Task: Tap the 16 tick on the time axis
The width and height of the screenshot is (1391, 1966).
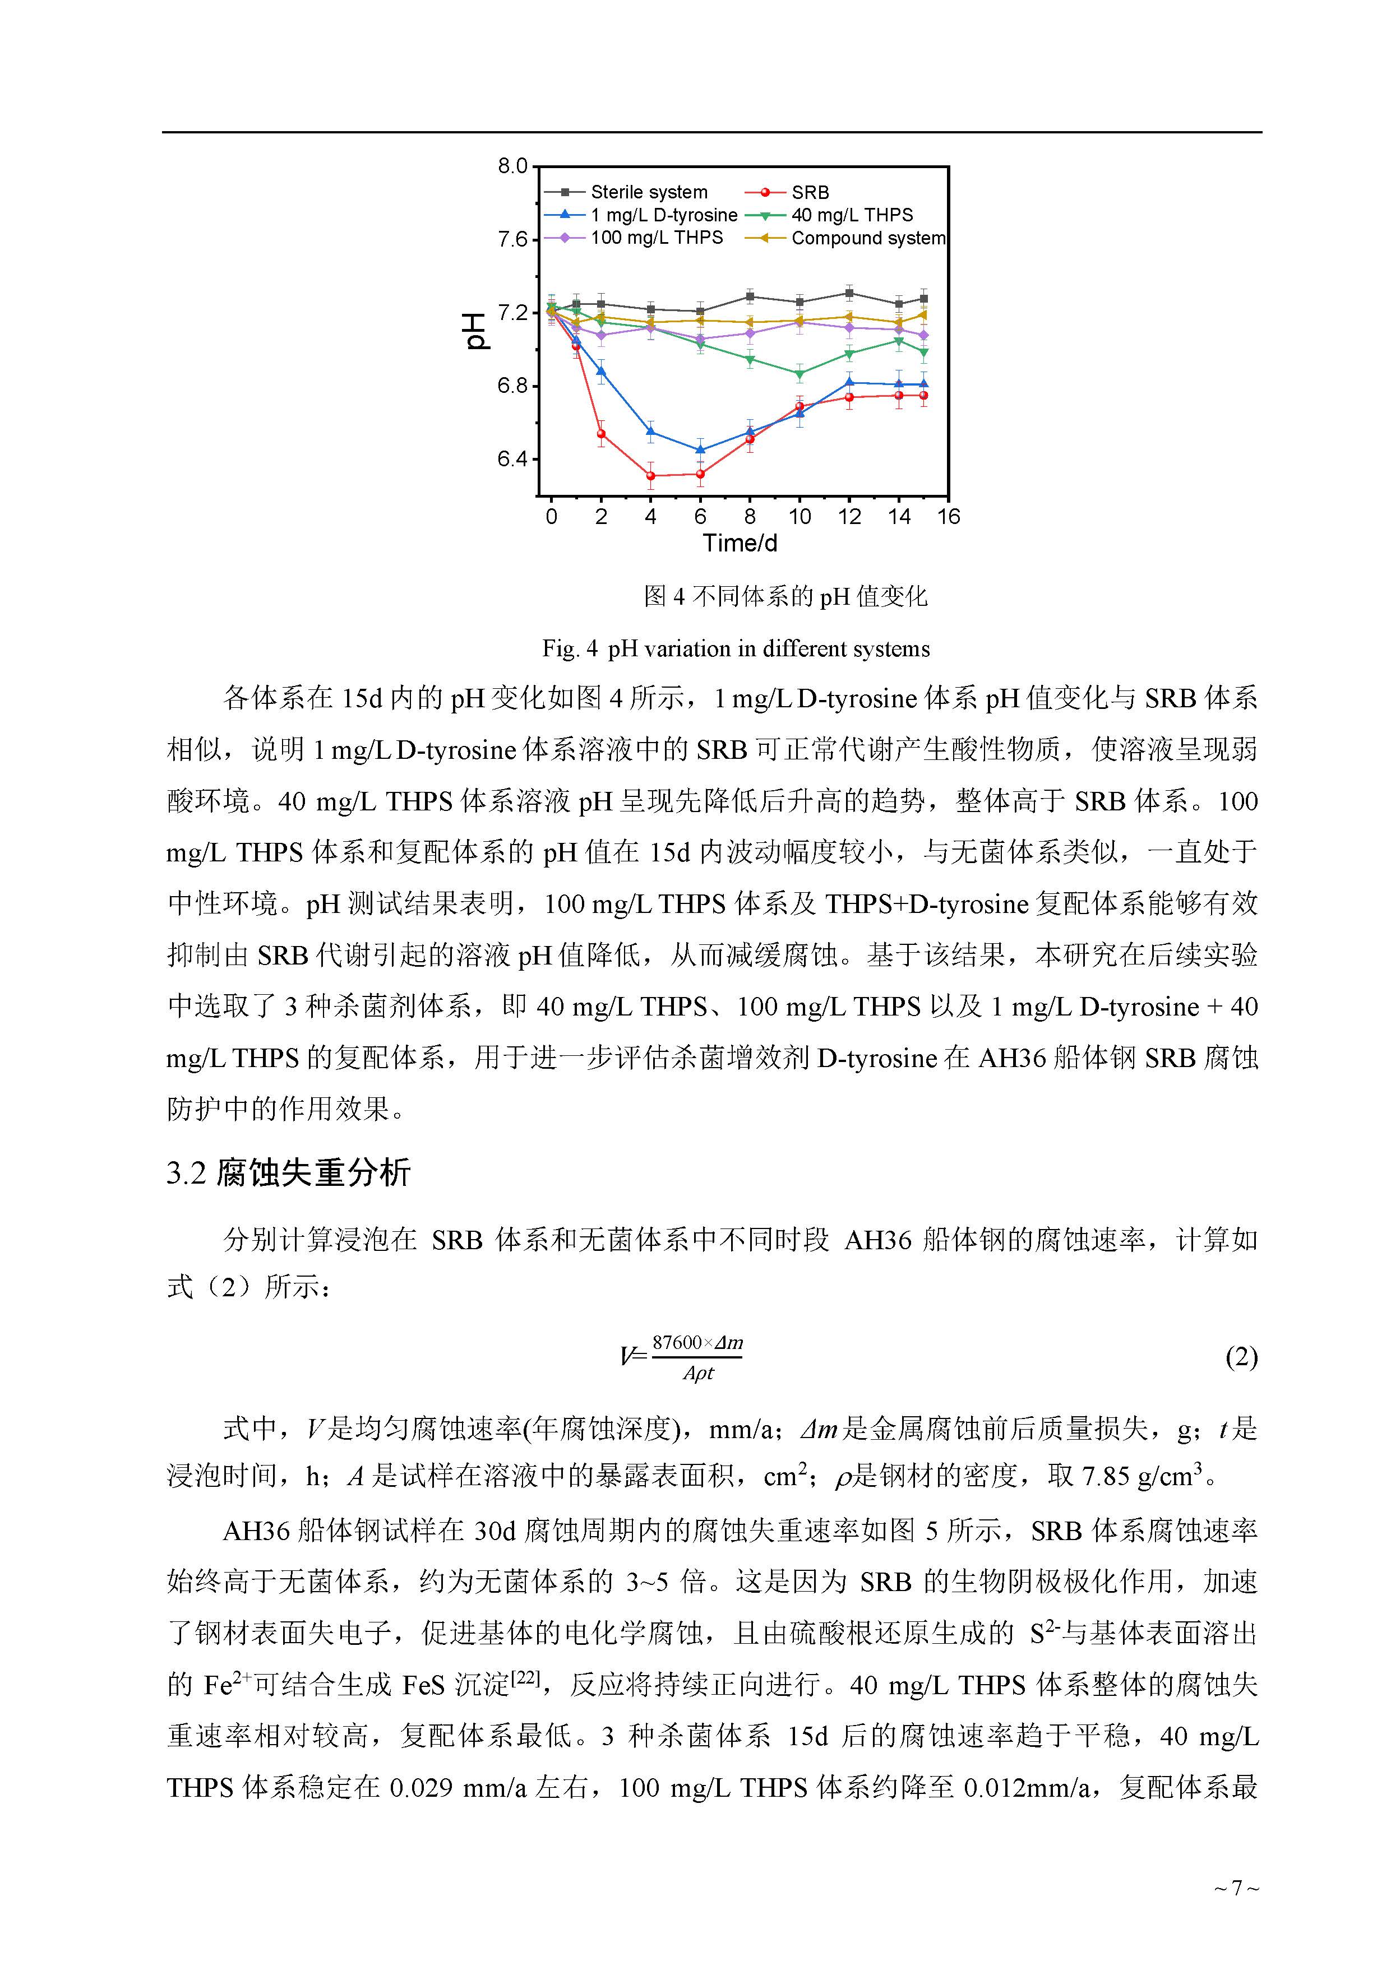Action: pos(948,516)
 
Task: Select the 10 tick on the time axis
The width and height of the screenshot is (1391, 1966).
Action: pos(799,516)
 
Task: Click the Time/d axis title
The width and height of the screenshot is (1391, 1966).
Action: pos(740,543)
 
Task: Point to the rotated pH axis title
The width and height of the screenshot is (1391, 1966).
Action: pos(476,331)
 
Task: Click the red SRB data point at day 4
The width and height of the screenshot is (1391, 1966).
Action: pos(651,475)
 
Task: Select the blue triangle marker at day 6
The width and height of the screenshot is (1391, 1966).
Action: pos(701,449)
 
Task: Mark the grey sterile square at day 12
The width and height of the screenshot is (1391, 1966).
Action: pos(849,293)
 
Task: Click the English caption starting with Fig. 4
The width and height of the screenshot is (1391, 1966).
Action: pos(736,649)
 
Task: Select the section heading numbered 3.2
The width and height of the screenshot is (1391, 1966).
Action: pos(289,1172)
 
